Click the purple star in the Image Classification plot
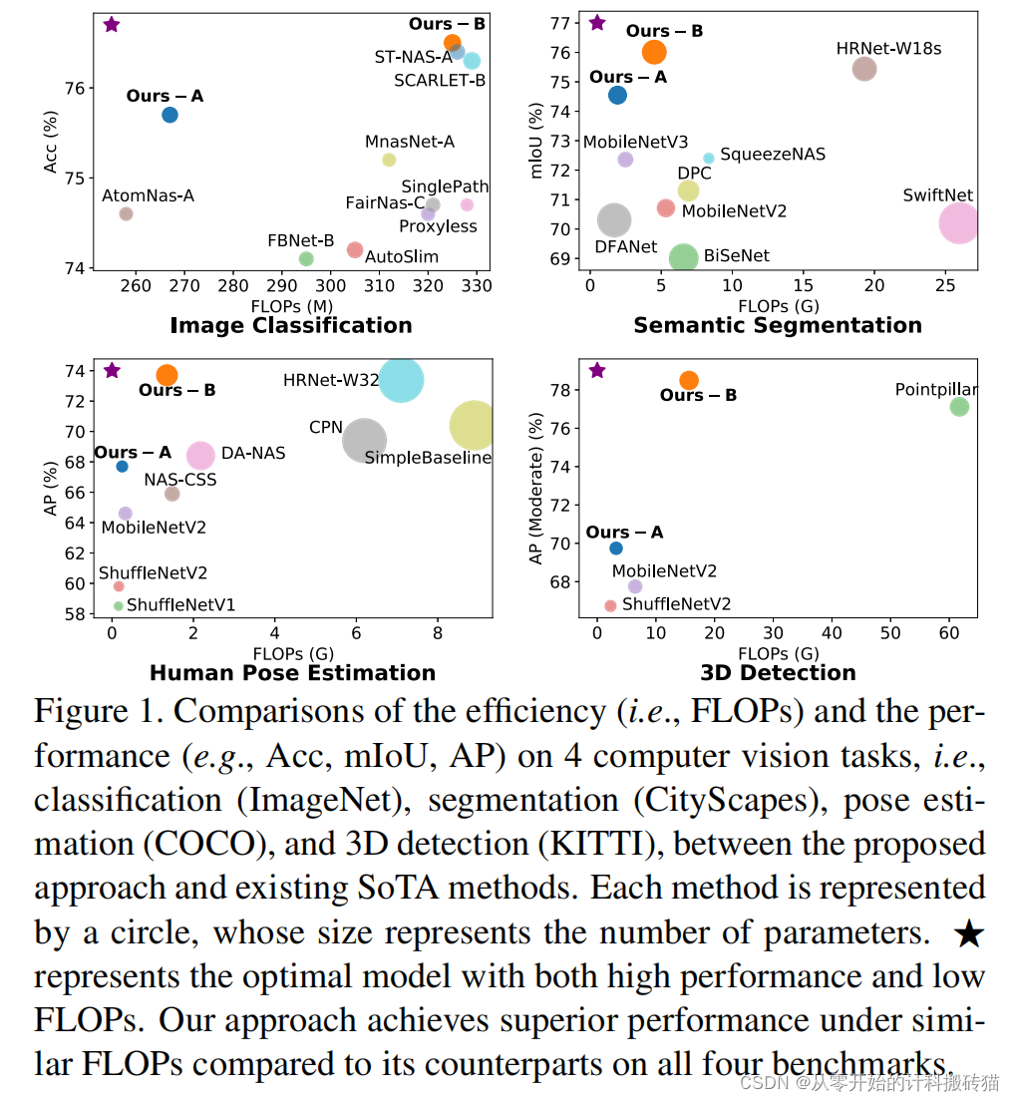tap(112, 24)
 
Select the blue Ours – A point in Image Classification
tap(169, 115)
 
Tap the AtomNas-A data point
tap(126, 213)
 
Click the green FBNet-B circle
tap(306, 258)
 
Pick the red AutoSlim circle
tap(354, 249)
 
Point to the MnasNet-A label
tap(410, 142)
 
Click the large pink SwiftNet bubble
tap(959, 222)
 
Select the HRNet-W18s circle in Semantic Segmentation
tap(864, 69)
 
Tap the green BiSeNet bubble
tap(683, 258)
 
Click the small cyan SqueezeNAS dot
tap(709, 158)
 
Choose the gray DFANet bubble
tap(615, 220)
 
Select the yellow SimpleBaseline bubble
tap(474, 426)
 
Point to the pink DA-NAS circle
tap(201, 456)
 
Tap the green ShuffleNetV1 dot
tap(119, 605)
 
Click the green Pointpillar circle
tap(959, 406)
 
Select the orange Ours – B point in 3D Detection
tap(689, 380)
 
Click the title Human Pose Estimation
tap(292, 673)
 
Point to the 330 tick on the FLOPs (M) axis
tap(477, 286)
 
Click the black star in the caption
tap(968, 933)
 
